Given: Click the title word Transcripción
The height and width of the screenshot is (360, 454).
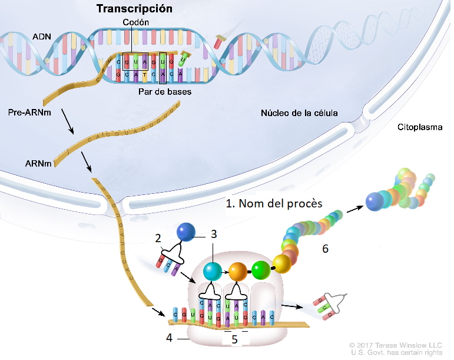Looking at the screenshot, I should point(134,9).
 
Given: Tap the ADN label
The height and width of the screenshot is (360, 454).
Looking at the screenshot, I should point(41,37).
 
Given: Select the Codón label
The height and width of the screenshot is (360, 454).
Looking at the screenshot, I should point(136,22).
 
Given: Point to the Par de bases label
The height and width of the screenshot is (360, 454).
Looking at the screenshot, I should point(165,92).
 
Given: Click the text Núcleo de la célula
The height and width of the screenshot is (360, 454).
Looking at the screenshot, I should point(299,113).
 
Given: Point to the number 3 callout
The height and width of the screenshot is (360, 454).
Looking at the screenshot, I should point(214,234).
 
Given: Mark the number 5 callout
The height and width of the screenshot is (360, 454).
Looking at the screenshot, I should point(234,339).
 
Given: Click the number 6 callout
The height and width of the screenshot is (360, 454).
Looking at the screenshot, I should point(324,249).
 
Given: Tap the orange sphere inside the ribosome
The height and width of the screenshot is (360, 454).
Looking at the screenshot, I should point(238,271).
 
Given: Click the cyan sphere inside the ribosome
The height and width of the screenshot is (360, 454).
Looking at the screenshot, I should point(213,271).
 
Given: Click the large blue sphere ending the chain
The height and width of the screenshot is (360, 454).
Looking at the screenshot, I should point(375,202).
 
